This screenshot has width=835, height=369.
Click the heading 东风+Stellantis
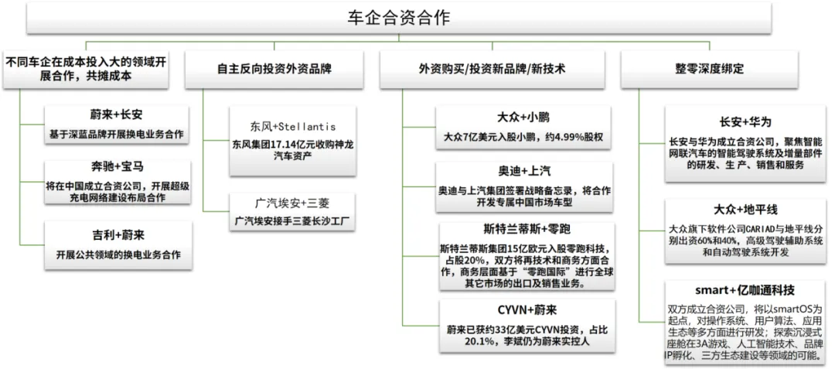coord(284,126)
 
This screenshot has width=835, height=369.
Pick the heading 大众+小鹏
coord(523,118)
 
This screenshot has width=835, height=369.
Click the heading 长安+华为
coord(745,121)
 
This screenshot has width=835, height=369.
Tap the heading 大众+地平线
coord(745,210)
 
